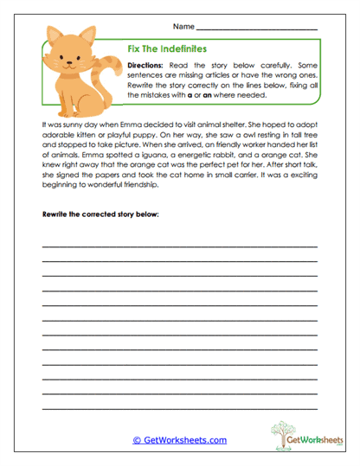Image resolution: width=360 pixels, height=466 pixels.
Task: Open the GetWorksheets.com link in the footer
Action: point(180,440)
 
